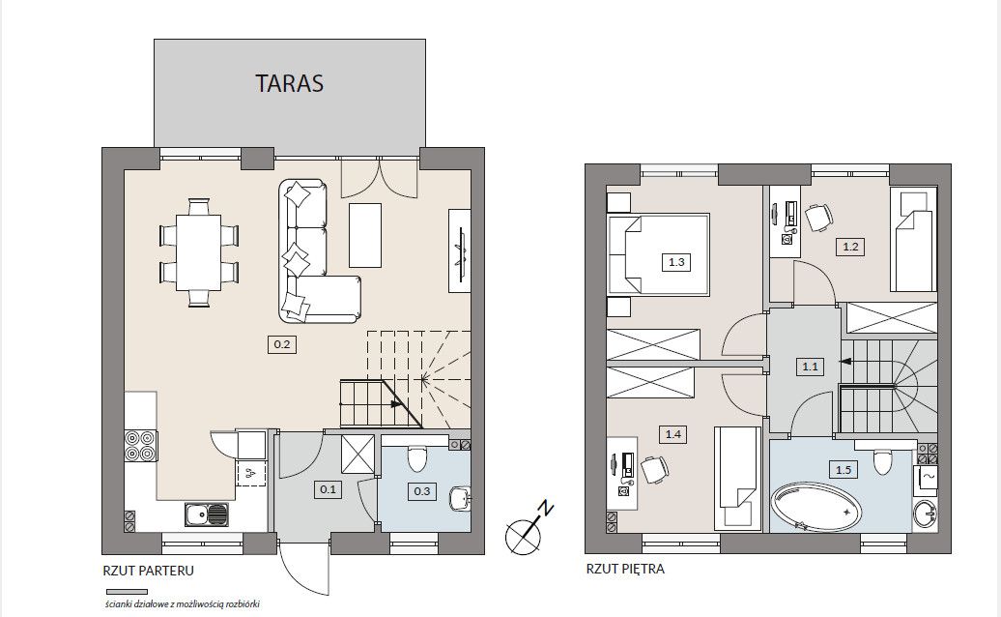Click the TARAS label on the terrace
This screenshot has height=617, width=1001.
tap(289, 83)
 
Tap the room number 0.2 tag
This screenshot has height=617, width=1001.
tap(282, 345)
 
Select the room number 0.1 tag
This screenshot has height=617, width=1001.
tap(328, 490)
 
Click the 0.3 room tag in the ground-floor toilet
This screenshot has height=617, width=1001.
tap(422, 491)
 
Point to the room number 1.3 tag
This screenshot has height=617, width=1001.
tap(676, 262)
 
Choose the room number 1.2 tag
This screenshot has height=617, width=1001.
tap(850, 247)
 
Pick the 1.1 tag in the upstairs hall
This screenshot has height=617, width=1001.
tap(810, 367)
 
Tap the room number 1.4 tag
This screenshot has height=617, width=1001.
tap(673, 434)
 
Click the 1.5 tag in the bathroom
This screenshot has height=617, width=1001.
tap(844, 470)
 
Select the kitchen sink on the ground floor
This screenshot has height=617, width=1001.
tap(206, 514)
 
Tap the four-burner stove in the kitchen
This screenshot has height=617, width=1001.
tap(140, 446)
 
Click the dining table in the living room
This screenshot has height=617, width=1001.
tap(198, 253)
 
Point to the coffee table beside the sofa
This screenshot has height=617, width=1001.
tap(365, 235)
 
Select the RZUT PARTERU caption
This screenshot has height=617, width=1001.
tap(148, 571)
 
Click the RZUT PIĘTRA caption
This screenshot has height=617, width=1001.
tap(625, 569)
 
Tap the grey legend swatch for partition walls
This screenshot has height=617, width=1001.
tap(127, 592)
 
